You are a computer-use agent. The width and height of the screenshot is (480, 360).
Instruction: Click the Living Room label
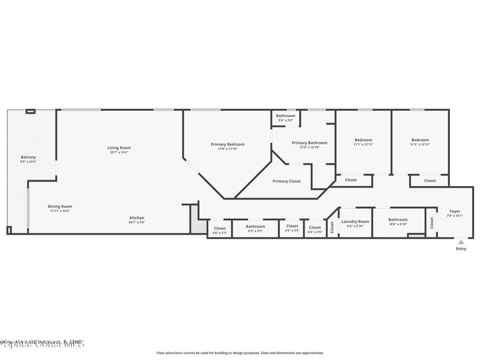click(119, 148)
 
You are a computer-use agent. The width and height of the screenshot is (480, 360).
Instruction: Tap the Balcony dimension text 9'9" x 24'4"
click(28, 162)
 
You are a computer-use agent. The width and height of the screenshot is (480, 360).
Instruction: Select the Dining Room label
click(60, 206)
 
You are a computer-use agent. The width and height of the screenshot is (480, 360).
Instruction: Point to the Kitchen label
click(137, 217)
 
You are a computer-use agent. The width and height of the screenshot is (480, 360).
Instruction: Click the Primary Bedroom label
click(227, 144)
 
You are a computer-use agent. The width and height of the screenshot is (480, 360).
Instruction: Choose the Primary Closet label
click(286, 181)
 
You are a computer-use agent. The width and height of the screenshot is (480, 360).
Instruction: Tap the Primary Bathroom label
click(309, 142)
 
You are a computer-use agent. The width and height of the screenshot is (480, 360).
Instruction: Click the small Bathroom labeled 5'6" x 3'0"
click(285, 116)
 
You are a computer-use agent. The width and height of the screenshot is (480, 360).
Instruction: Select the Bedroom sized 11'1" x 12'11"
click(363, 140)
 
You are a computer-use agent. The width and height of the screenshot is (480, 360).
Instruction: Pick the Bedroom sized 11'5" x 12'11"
click(420, 140)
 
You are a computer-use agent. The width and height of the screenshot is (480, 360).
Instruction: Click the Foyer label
click(455, 211)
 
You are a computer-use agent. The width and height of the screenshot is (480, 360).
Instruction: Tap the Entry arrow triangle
click(461, 242)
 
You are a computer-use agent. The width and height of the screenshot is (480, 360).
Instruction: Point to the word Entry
click(461, 249)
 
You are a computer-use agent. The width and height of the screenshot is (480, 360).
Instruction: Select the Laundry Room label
click(355, 221)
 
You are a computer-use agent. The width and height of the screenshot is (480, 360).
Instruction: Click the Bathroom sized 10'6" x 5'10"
click(397, 219)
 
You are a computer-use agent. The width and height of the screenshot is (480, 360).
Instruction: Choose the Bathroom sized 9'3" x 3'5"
click(255, 226)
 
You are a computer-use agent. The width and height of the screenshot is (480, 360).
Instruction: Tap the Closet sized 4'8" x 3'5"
click(219, 228)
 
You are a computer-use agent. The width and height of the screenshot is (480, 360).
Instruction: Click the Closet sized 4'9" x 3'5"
click(292, 226)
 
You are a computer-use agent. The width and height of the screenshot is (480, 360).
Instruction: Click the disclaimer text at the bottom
click(240, 353)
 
